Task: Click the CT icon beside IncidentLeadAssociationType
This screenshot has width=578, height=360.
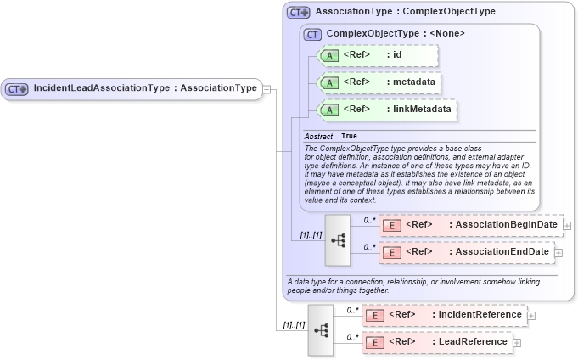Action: point(17,88)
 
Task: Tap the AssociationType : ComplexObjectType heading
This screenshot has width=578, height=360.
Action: point(405,13)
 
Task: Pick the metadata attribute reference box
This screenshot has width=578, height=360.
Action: point(379,82)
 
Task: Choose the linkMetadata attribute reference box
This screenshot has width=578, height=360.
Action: point(386,110)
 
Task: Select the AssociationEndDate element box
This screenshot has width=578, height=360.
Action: point(465,252)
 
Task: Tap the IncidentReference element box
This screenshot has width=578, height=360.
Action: point(444,315)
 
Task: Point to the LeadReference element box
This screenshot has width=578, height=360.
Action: point(436,342)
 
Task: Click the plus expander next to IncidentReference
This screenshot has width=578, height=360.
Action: point(531,316)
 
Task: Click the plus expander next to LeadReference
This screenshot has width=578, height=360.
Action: point(517,343)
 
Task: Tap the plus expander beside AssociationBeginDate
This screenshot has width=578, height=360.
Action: point(567,226)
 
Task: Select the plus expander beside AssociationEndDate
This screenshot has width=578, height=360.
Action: point(558,253)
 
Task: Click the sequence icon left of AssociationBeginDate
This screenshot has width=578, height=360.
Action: point(338,239)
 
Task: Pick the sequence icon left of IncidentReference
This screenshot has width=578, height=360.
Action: point(323,329)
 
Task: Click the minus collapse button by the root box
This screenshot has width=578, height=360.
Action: point(267,88)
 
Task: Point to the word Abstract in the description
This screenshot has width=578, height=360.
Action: point(318,136)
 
